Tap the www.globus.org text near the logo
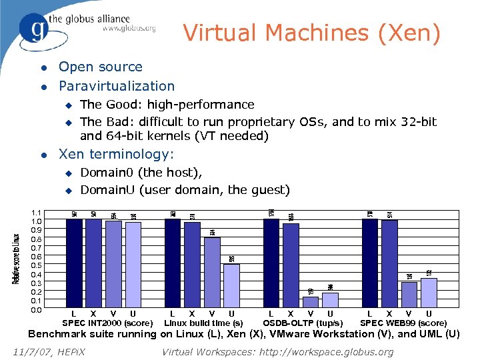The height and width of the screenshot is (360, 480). (129, 29)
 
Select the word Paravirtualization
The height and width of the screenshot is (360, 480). (117, 86)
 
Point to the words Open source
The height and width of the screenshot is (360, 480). (101, 67)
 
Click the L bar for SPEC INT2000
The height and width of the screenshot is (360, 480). (74, 263)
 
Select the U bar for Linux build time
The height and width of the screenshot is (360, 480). (231, 287)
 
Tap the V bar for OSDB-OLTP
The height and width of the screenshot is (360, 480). (311, 303)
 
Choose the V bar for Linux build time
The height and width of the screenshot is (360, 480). (212, 273)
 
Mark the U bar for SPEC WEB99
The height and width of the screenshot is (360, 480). (429, 293)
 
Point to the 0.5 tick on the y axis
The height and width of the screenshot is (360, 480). (37, 265)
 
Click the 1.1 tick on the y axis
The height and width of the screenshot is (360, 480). (37, 212)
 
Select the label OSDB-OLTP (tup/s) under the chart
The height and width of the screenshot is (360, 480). (303, 323)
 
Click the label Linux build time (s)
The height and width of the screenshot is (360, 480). (203, 323)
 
